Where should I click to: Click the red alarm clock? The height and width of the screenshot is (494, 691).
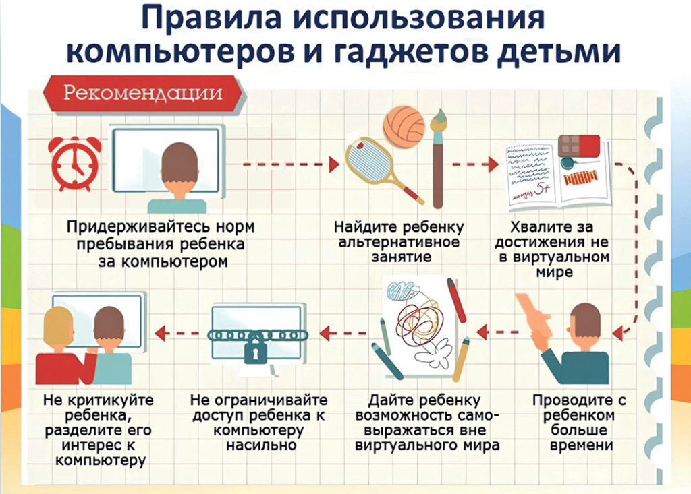coord(72,162)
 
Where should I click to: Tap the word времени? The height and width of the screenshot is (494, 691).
coord(573,445)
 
